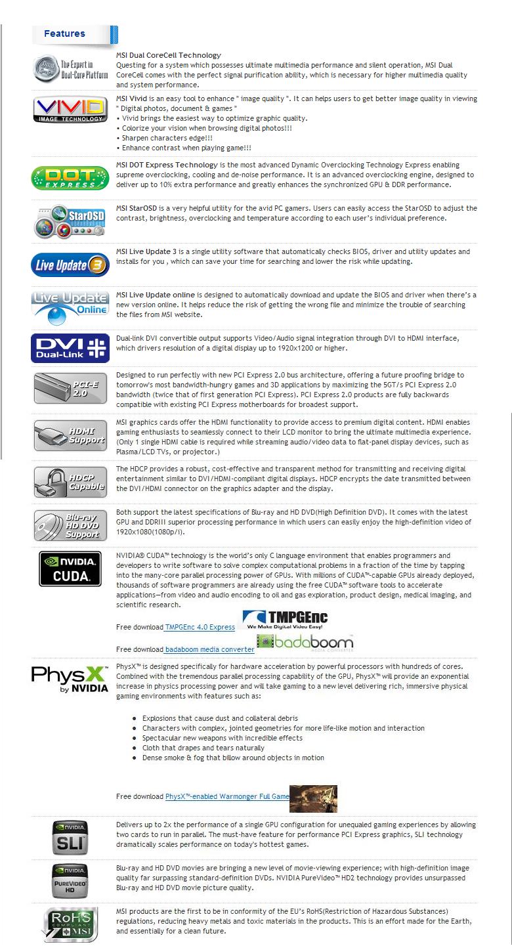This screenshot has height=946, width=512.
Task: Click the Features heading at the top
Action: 64,33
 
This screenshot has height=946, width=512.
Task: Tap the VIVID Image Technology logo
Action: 70,109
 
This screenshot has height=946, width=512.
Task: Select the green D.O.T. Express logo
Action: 70,177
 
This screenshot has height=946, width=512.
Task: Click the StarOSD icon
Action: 70,222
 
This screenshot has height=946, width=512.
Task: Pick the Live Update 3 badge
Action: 70,265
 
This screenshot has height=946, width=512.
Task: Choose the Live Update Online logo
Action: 70,307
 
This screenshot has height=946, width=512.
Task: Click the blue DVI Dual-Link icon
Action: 70,349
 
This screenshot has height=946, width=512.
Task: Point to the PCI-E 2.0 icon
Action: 70,388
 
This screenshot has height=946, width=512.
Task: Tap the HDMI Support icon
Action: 70,435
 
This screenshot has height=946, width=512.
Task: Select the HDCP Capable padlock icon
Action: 70,481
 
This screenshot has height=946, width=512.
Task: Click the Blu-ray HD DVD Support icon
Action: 70,525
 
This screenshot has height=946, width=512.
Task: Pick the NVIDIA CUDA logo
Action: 70,569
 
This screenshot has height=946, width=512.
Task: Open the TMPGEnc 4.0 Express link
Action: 200,628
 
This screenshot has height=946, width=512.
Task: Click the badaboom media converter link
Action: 209,649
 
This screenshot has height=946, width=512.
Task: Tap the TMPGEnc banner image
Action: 285,620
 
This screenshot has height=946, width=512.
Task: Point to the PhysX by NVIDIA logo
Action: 70,679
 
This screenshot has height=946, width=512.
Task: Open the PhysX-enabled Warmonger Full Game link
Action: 227,796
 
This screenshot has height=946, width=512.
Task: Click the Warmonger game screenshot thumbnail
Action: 313,798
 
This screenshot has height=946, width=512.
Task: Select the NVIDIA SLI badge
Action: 70,836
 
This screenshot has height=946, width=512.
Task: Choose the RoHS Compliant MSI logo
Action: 70,924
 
